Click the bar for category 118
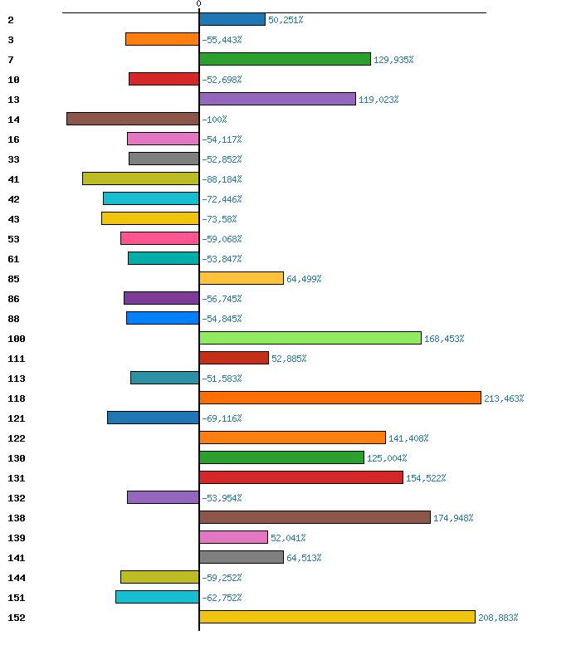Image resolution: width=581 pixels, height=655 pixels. click(340, 398)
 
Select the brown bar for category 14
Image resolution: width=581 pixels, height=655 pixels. click(133, 119)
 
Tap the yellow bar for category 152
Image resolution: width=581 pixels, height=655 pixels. click(337, 617)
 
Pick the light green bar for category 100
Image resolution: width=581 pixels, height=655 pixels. click(310, 338)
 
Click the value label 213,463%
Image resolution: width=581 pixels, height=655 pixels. click(504, 398)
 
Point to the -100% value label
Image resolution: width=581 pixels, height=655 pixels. click(214, 120)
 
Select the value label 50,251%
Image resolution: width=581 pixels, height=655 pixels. click(286, 20)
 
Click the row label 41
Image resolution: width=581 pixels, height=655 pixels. click(13, 179)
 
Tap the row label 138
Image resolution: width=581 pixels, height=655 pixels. click(17, 518)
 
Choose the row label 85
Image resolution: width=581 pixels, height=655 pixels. click(13, 279)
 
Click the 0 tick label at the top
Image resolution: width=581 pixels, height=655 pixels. click(198, 4)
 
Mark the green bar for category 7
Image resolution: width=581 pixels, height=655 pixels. click(285, 59)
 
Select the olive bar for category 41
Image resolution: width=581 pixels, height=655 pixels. click(140, 178)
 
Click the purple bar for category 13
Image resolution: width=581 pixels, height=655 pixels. click(277, 99)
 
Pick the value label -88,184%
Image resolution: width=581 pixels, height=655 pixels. click(222, 179)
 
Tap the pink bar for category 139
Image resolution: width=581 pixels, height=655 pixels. click(233, 537)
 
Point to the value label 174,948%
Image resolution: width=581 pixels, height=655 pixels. click(453, 518)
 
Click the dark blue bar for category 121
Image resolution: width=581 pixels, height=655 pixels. click(153, 418)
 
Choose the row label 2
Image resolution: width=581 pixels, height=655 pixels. click(10, 20)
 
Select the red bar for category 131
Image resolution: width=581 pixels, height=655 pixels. click(301, 477)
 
